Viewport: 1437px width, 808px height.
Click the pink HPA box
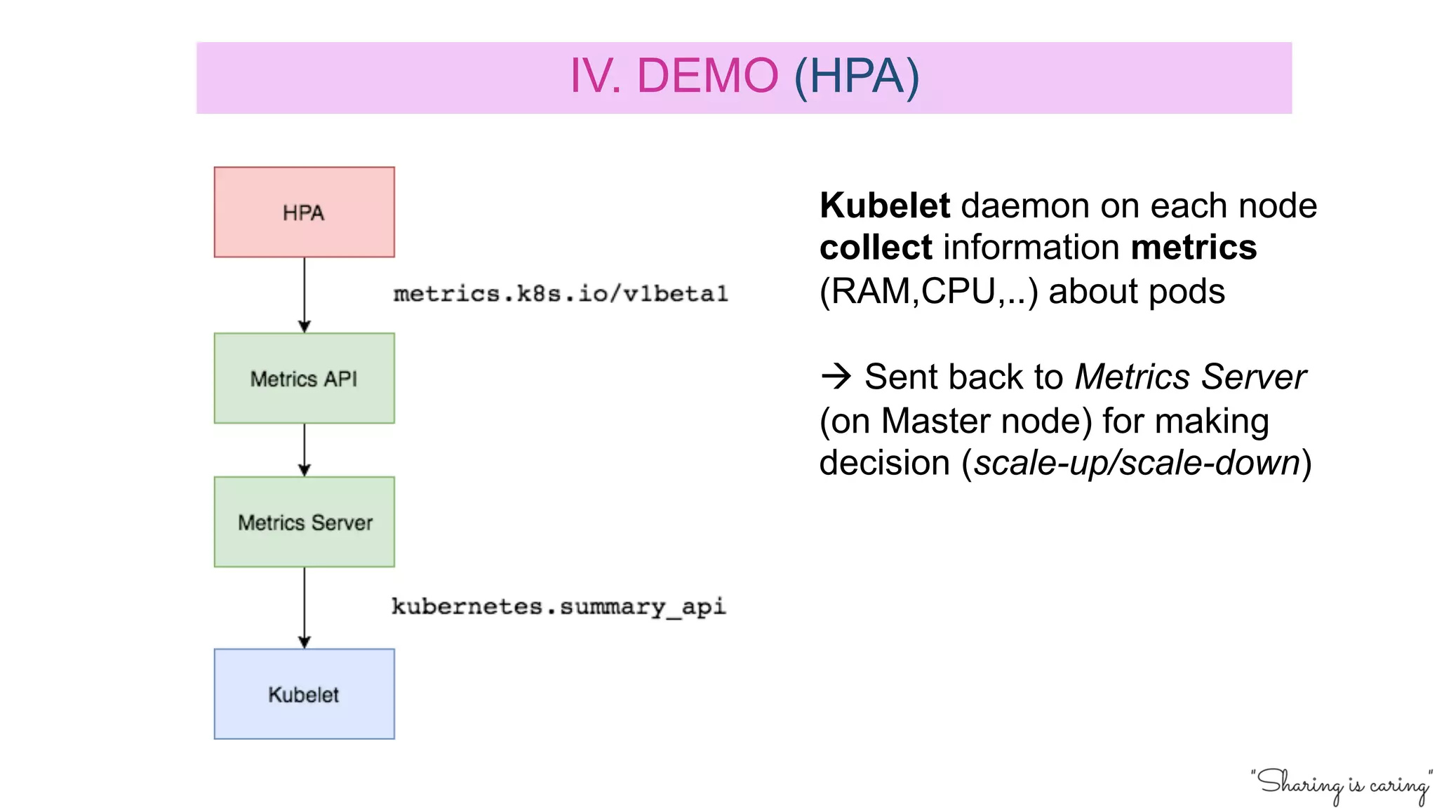[x=304, y=212]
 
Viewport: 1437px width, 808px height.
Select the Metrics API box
[x=304, y=378]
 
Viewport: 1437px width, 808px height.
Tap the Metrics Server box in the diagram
[x=304, y=522]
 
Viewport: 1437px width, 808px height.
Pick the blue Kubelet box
[x=304, y=694]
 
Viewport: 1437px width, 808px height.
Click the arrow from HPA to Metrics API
[x=304, y=295]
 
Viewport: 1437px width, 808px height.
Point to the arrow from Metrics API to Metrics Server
[x=304, y=450]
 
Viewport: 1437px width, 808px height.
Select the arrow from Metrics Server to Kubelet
[x=304, y=607]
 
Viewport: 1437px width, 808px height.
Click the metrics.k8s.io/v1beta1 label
[x=560, y=294]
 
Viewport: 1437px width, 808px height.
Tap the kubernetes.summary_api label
[x=558, y=607]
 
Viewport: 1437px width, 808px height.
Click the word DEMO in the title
[x=707, y=76]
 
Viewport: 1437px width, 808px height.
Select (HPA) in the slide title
[x=856, y=76]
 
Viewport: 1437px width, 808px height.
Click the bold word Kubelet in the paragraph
[x=885, y=206]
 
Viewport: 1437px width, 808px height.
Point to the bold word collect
[x=876, y=248]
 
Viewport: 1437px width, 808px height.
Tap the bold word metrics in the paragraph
[x=1194, y=248]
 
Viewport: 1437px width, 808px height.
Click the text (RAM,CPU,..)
[x=928, y=292]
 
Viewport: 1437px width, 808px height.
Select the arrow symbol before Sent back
[x=836, y=377]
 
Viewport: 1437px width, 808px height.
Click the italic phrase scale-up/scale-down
[x=1137, y=464]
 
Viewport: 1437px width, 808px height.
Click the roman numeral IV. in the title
[x=595, y=76]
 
